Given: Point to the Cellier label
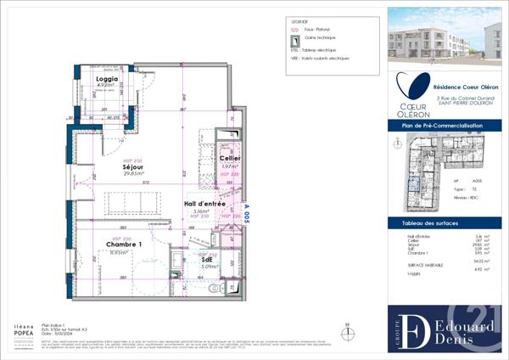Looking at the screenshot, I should (x=229, y=159).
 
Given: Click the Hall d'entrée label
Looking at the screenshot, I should (x=204, y=205).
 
